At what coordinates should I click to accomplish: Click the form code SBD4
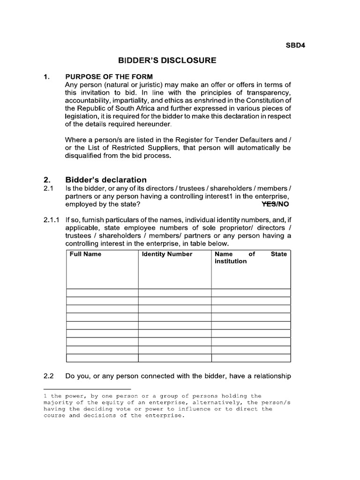296,45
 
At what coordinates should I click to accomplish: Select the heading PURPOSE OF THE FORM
109,76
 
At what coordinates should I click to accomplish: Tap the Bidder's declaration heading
106,180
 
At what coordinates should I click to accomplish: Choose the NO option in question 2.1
283,205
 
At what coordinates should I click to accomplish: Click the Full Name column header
85,254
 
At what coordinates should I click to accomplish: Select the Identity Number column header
167,254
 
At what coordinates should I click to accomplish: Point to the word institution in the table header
230,261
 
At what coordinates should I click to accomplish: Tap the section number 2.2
49,376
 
